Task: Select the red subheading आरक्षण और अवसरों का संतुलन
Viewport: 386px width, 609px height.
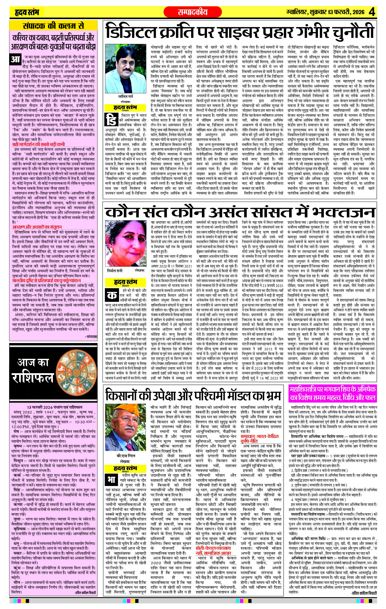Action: click(37, 227)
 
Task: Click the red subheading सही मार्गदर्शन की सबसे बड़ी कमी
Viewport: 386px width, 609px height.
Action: click(39, 145)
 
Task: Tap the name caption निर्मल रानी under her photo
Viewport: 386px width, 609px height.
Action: click(115, 271)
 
